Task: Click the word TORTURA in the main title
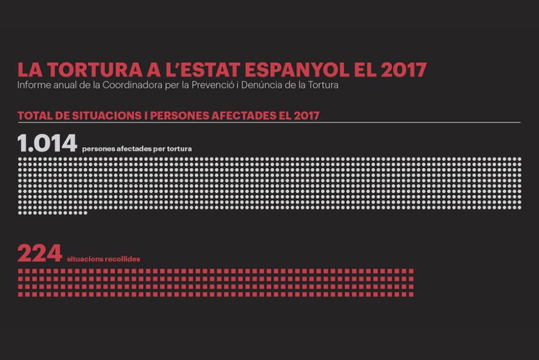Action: [x=95, y=69]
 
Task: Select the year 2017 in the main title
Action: [x=404, y=69]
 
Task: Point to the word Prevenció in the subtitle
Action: [x=213, y=85]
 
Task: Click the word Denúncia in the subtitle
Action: [x=262, y=85]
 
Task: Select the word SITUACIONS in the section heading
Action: [x=107, y=116]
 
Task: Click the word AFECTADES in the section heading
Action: [x=244, y=116]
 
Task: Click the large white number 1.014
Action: [x=47, y=143]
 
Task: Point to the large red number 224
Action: [x=40, y=253]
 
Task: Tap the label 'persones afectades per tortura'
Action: [x=137, y=149]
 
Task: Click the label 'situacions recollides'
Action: [x=104, y=259]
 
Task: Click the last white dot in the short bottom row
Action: [x=85, y=213]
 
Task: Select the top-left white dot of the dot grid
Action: [x=20, y=159]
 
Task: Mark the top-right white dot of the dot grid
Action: [x=519, y=159]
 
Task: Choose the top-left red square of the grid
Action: [x=20, y=271]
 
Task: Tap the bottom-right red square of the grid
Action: [x=411, y=294]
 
